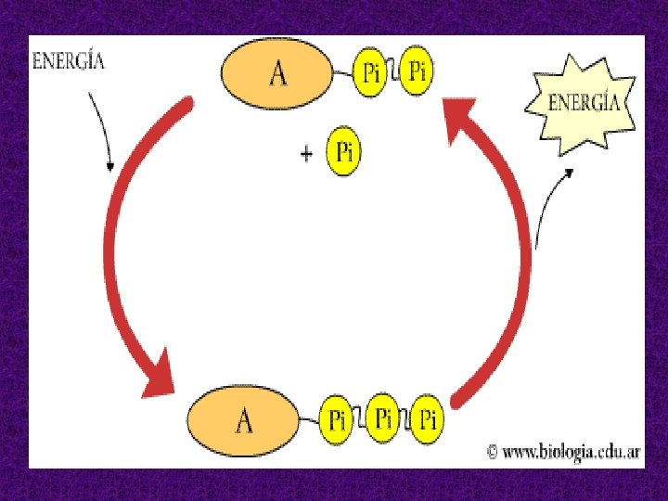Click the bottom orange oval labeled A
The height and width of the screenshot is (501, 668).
[243, 421]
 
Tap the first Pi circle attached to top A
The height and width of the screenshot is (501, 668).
[371, 72]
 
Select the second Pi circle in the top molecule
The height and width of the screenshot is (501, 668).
[417, 71]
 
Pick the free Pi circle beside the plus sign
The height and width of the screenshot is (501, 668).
[343, 152]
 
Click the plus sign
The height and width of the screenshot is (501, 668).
[306, 154]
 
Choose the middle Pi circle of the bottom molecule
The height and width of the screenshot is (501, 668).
[383, 417]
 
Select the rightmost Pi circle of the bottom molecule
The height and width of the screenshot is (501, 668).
[427, 420]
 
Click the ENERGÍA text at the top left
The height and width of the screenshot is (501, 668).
[69, 61]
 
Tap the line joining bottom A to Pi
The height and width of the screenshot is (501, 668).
[308, 420]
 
